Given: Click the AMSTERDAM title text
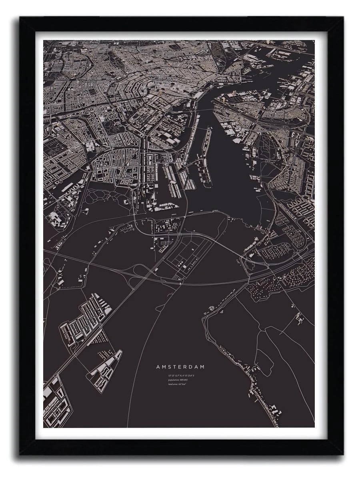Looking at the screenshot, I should [x=180, y=366].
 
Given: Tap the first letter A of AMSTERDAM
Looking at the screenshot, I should [x=158, y=366].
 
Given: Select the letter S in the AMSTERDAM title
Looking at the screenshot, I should [x=170, y=366].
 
